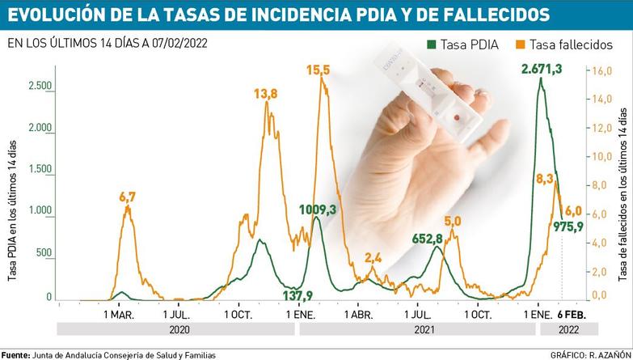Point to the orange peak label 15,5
(319, 71)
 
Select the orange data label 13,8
(266, 94)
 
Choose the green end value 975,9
(568, 227)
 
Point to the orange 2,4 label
(373, 258)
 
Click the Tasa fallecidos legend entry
(563, 46)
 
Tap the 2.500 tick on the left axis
(40, 86)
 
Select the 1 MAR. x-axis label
(120, 313)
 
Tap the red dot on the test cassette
(458, 119)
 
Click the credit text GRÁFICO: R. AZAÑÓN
(589, 354)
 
